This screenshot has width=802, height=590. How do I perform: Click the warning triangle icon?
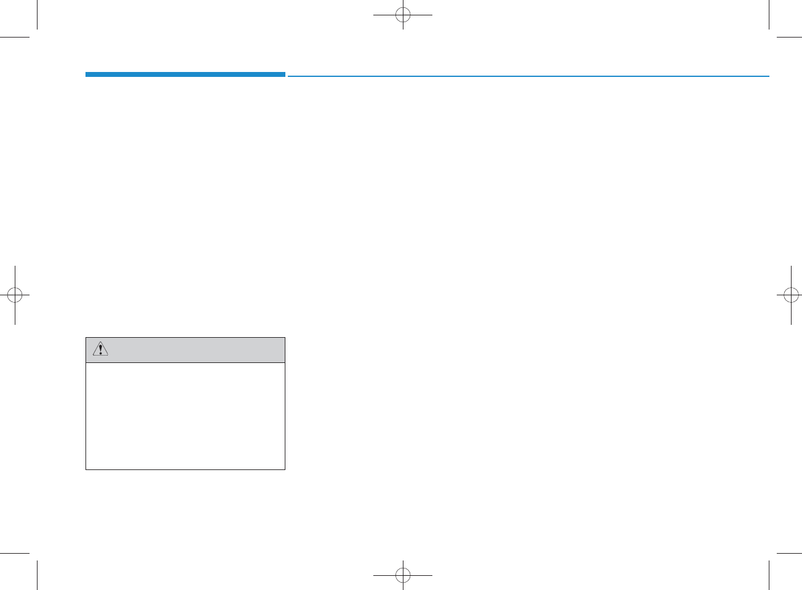pos(100,349)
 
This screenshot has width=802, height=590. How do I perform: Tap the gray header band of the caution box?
pos(191,350)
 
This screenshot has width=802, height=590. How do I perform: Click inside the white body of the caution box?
pos(185,416)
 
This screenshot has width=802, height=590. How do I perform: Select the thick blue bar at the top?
pos(185,74)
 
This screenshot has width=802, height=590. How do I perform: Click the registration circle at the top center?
pos(403,15)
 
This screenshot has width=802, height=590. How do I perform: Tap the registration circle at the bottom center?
pos(403,575)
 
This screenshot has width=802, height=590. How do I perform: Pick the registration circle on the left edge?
pos(15,295)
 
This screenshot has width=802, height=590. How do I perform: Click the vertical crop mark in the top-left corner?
pos(38,15)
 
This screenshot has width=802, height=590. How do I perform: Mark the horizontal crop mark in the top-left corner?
pos(15,38)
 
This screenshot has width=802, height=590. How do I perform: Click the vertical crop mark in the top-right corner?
pos(769,15)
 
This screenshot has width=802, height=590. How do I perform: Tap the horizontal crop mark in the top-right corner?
pos(789,38)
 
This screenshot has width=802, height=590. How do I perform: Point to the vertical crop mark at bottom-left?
pos(38,575)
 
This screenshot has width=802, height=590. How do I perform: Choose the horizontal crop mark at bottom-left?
pos(15,553)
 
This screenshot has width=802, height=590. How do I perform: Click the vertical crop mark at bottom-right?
pos(769,575)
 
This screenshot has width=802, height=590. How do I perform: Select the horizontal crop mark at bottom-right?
pos(789,553)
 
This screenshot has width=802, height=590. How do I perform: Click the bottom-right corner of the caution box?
pos(285,469)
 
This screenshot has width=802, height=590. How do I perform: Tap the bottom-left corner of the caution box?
pos(86,469)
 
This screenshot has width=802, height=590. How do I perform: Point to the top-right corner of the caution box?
pos(285,338)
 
